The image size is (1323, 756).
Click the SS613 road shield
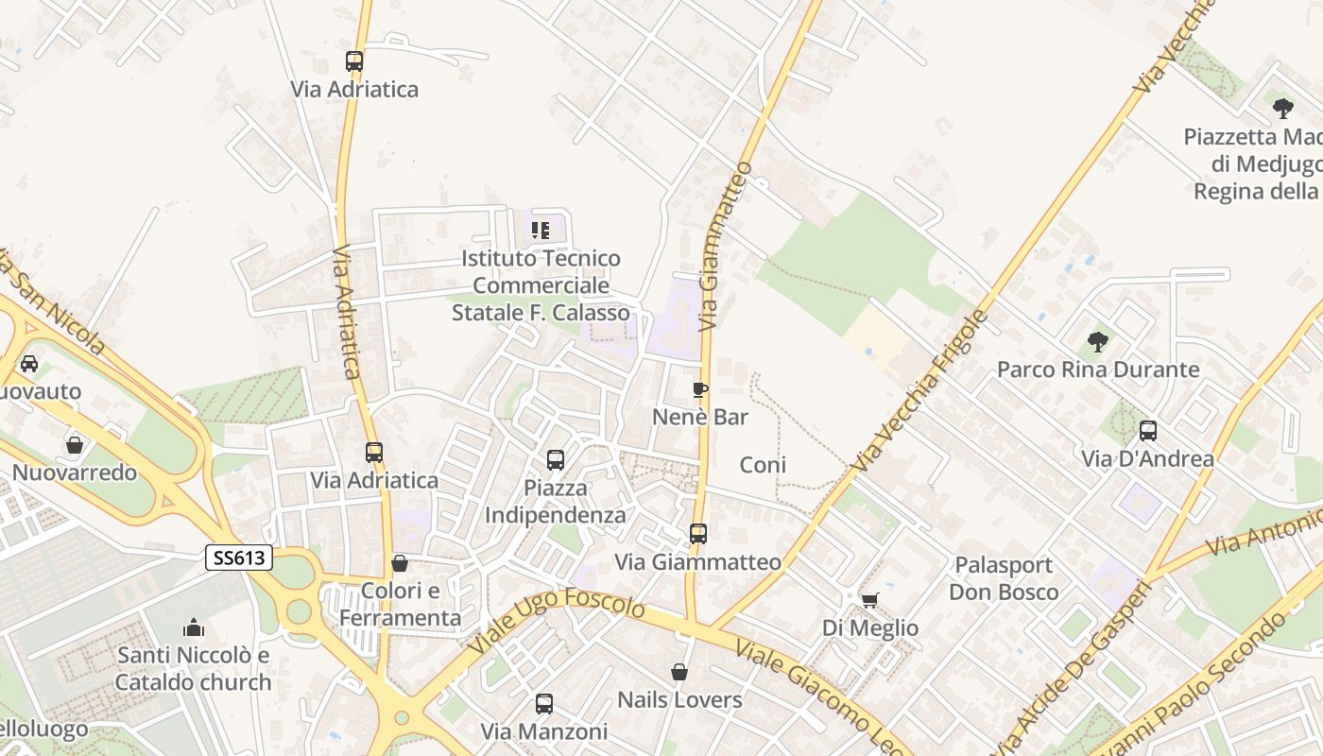coord(239,558)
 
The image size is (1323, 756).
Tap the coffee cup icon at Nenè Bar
coord(700,389)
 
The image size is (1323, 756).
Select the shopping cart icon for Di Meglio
coord(870,600)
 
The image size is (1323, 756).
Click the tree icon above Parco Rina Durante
coord(1097,341)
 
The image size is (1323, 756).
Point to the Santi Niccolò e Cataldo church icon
coord(194,627)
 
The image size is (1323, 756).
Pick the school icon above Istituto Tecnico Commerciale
coord(541,230)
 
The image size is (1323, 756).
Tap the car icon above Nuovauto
coord(29,364)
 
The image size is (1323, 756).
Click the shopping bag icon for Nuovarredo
coord(75,445)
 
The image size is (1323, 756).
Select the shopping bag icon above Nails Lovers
coord(679,672)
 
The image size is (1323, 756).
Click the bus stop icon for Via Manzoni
coord(544,704)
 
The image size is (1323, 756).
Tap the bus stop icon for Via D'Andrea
coord(1148,432)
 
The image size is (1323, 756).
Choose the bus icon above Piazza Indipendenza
coord(556,460)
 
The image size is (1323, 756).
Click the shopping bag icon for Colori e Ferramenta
coord(400,563)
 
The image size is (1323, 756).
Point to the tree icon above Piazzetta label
coord(1282,108)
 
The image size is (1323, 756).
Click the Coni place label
coord(763,465)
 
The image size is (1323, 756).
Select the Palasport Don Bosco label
coord(1004,578)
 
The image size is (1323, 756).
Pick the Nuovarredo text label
coord(75,472)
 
